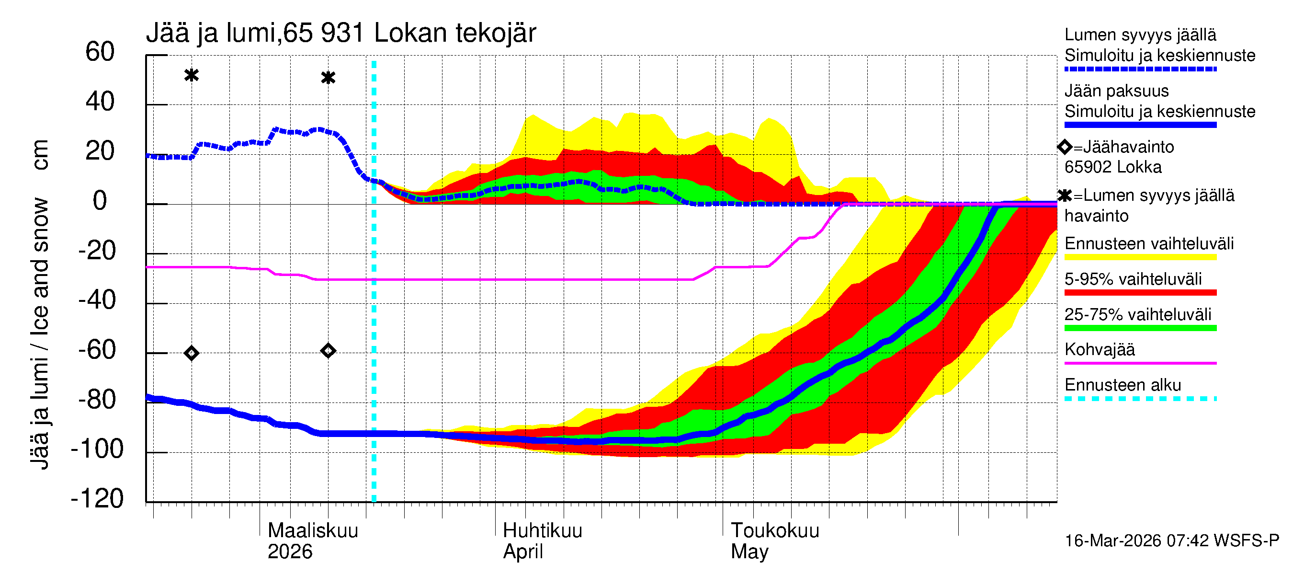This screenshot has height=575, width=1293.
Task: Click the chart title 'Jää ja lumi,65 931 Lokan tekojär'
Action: pyautogui.click(x=341, y=33)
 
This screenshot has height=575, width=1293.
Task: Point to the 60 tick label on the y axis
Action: pyautogui.click(x=100, y=52)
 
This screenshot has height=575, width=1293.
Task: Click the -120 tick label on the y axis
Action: pyautogui.click(x=97, y=499)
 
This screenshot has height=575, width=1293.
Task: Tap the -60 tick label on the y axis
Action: pyautogui.click(x=97, y=350)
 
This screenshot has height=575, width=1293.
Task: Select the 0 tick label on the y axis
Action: pyautogui.click(x=100, y=201)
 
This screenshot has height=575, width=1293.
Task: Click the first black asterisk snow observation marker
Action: pyautogui.click(x=191, y=75)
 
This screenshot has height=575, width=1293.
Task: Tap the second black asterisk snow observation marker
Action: pyautogui.click(x=328, y=78)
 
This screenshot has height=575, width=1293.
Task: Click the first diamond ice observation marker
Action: pyautogui.click(x=191, y=353)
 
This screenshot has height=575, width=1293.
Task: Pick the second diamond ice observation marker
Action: pyautogui.click(x=328, y=351)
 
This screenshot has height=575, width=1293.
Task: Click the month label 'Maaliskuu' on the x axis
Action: pyautogui.click(x=313, y=531)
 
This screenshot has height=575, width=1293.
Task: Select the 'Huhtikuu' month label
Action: pyautogui.click(x=542, y=531)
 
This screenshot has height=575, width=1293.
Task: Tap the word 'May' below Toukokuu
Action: pyautogui.click(x=749, y=552)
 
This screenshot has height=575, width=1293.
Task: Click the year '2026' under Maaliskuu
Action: pyautogui.click(x=290, y=552)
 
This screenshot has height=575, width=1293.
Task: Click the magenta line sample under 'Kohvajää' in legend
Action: pyautogui.click(x=1140, y=363)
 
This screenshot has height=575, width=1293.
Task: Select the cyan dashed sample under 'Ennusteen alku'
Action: pyautogui.click(x=1140, y=399)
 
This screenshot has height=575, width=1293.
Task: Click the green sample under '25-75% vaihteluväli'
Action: pyautogui.click(x=1140, y=328)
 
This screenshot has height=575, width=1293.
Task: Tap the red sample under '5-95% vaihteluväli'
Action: pyautogui.click(x=1140, y=292)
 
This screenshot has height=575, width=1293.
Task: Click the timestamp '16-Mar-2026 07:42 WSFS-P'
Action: pyautogui.click(x=1171, y=541)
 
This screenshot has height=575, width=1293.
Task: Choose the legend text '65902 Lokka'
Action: pyautogui.click(x=1113, y=167)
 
